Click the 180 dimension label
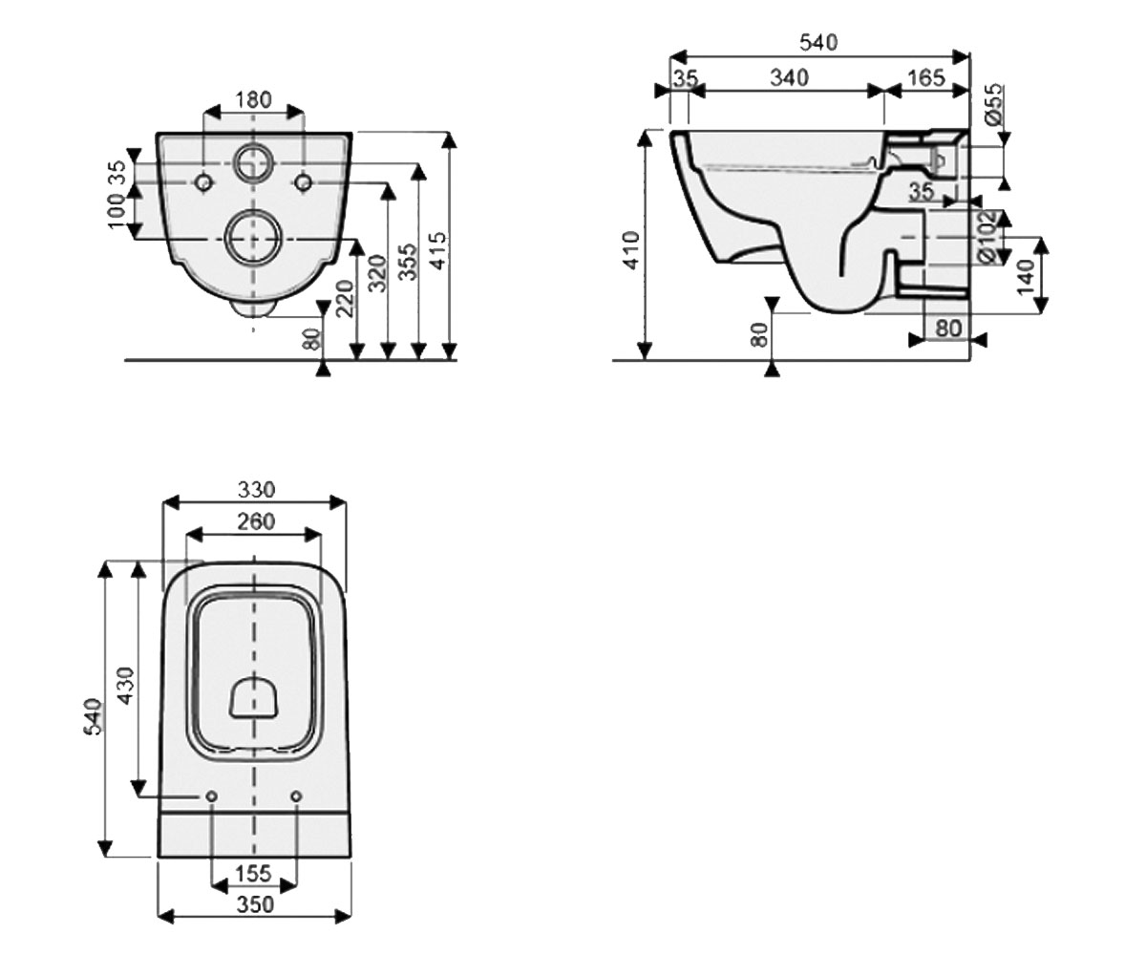coord(253,99)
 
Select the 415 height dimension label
coord(438,251)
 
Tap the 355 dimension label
coord(408,263)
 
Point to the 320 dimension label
coord(377,273)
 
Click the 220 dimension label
coord(345,299)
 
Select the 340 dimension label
coord(789,77)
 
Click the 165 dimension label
coord(926,77)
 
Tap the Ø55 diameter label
coord(993,104)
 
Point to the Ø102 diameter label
coord(987,237)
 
